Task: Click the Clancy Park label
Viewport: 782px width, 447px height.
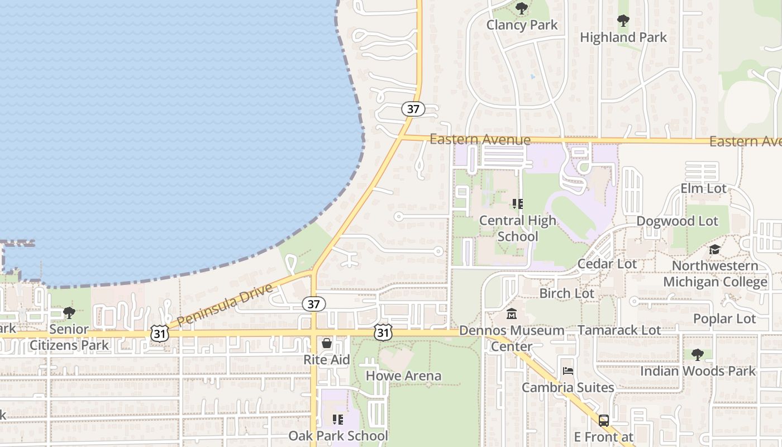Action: pos(522,25)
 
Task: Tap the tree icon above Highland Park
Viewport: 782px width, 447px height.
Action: pos(623,21)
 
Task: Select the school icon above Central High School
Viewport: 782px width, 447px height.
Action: pos(518,204)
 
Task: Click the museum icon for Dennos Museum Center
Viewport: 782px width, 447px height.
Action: pos(512,314)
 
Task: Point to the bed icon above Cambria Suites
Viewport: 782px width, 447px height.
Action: pos(568,371)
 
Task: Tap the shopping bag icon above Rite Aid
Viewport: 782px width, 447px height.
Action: pos(327,343)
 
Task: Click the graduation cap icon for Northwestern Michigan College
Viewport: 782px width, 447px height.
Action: pos(715,249)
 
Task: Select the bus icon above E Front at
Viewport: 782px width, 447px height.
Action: pos(604,420)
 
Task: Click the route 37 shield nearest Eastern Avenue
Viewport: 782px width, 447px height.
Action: pos(413,109)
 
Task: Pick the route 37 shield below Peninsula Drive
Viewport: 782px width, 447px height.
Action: pos(314,304)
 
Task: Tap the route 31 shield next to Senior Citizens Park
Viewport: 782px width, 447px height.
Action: pos(159,333)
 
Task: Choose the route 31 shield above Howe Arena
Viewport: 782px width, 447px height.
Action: pos(383,333)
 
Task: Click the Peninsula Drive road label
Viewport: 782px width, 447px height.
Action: pos(226,305)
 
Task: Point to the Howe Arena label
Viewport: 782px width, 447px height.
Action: pos(403,376)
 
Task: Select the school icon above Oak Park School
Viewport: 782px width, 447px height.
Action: pos(338,419)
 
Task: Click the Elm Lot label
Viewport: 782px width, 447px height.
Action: pos(703,188)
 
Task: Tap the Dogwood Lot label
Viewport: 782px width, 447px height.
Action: pos(677,221)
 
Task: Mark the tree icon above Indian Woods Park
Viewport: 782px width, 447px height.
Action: pos(697,354)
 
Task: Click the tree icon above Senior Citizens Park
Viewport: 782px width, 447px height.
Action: pos(69,313)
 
